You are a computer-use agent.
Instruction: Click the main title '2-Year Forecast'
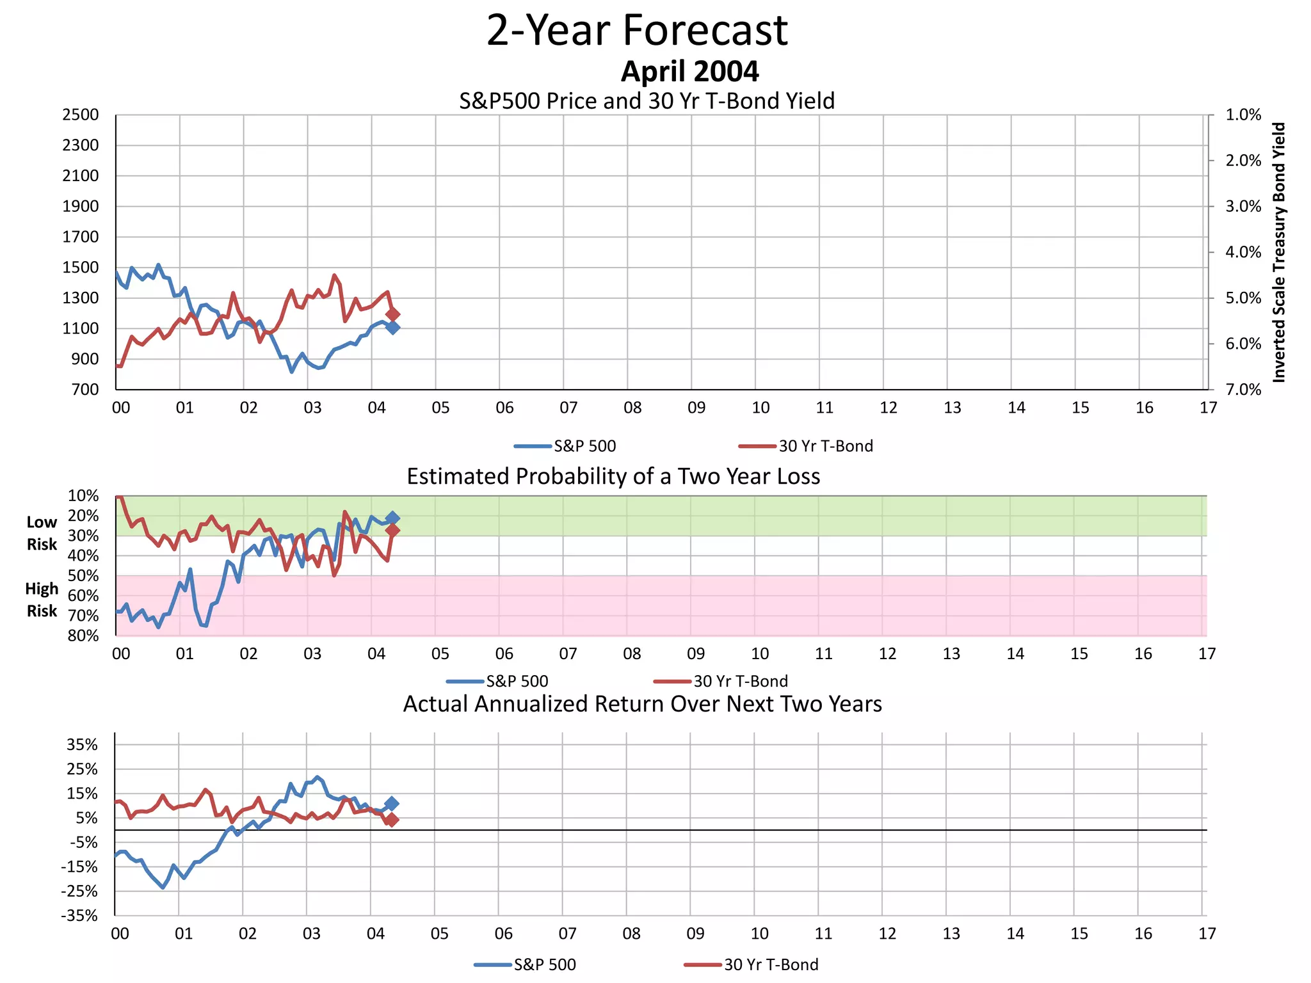coord(637,31)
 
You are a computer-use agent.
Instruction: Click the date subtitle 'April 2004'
coord(689,71)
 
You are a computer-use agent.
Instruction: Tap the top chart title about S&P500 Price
coord(647,101)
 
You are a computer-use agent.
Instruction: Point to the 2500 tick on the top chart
coord(81,115)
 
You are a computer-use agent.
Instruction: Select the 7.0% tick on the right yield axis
coord(1243,390)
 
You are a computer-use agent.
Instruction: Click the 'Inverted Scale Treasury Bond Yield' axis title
coord(1278,252)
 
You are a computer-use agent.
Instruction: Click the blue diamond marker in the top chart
coord(392,327)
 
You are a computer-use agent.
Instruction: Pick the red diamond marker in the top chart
coord(393,314)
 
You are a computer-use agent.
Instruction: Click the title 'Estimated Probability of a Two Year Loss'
coord(613,477)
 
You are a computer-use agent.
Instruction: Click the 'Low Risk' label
coord(42,533)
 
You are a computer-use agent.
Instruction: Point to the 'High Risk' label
coord(42,600)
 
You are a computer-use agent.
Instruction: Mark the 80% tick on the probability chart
coord(83,635)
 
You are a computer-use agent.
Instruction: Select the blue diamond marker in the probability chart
coord(392,518)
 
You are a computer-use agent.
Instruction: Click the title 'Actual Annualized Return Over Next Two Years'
coord(642,704)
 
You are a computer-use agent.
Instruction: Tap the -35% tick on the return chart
coord(79,916)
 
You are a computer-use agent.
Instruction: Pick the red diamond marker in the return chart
coord(392,820)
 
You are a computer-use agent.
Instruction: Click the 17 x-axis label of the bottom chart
coord(1207,934)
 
